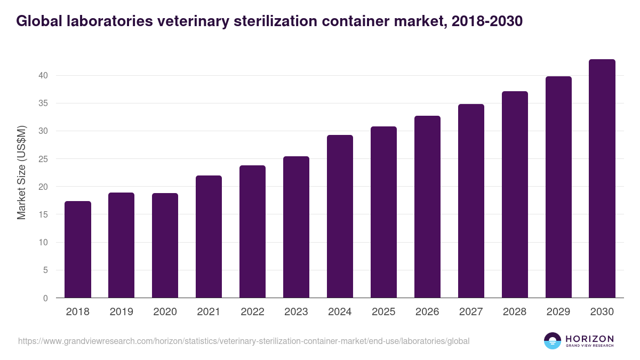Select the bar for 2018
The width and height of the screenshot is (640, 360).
78,250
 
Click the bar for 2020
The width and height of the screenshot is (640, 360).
165,245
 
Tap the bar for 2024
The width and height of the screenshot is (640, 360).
340,217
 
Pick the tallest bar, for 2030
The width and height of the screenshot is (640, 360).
602,179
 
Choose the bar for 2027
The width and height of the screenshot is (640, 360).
471,201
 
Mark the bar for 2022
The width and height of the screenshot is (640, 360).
253,231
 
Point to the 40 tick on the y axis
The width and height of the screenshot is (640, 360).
43,76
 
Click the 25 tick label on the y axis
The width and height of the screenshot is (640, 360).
43,159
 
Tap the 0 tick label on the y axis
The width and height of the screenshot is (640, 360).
45,298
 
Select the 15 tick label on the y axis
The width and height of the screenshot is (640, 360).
43,214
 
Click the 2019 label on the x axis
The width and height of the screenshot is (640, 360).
122,312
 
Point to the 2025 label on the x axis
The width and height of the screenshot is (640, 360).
384,312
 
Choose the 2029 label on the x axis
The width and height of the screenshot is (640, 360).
558,312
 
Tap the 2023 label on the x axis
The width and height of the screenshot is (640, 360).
297,312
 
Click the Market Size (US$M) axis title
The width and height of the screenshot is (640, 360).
22,172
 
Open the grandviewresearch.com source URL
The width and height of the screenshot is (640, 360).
244,341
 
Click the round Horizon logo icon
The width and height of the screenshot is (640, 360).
553,341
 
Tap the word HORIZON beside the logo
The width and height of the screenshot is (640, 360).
589,339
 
